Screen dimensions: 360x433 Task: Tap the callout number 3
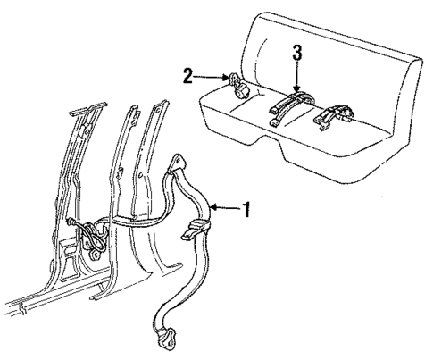[297, 53]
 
